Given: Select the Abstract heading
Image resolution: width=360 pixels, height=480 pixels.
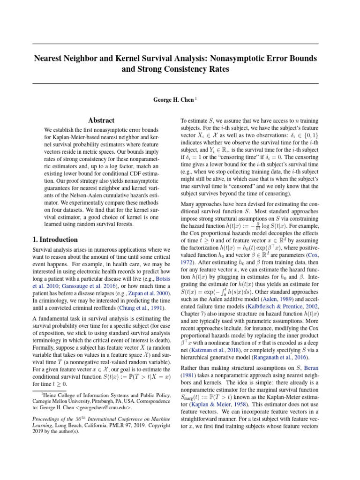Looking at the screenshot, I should pos(102,120).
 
